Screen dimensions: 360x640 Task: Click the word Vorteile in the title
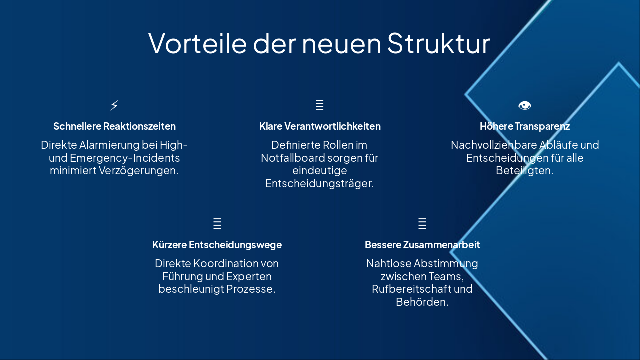(197, 43)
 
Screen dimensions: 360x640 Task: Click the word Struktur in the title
(438, 43)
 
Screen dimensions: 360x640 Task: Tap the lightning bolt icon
(114, 105)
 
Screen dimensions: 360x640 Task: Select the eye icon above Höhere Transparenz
(525, 105)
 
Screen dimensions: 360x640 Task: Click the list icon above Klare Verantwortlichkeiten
(320, 105)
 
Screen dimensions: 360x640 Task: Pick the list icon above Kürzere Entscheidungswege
(217, 223)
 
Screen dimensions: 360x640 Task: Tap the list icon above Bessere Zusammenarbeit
(422, 223)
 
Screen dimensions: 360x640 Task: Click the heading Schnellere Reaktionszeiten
(114, 126)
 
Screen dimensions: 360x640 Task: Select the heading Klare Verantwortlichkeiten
(320, 126)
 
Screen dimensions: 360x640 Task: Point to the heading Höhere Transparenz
(525, 126)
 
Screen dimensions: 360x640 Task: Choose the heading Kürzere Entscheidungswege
(217, 245)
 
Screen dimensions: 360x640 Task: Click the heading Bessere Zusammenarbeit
(422, 245)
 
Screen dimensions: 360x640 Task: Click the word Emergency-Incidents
(125, 158)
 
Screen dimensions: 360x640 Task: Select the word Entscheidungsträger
(320, 184)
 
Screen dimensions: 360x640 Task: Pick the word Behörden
(422, 302)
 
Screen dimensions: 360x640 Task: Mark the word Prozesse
(251, 289)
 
